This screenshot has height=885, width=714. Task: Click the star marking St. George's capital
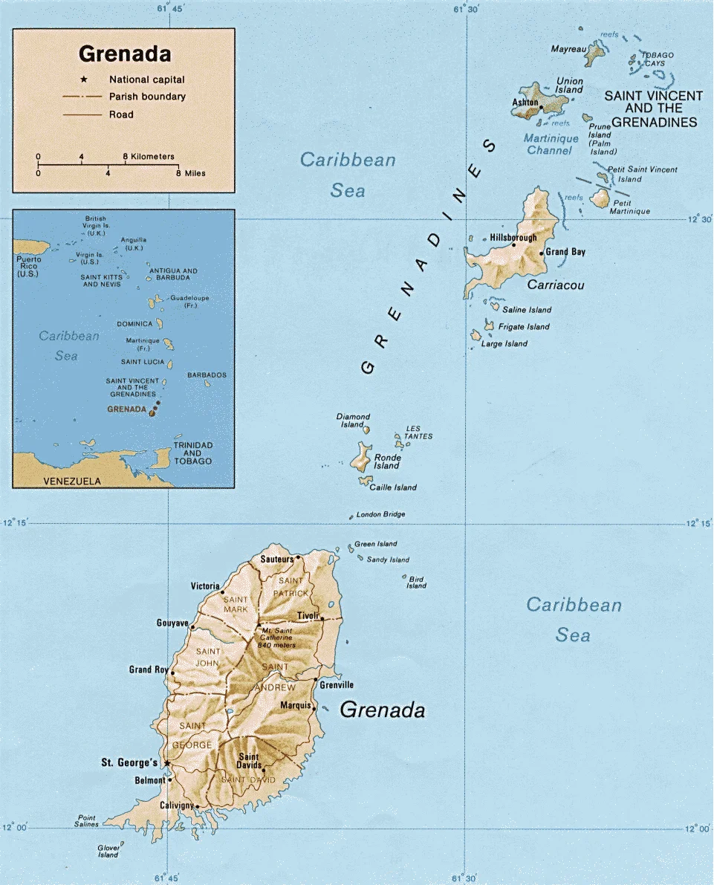click(167, 763)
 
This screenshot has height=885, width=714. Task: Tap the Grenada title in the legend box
click(125, 54)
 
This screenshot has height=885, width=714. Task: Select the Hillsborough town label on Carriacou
click(513, 238)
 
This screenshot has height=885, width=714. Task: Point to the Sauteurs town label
click(276, 559)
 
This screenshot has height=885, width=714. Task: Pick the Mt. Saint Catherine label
click(273, 638)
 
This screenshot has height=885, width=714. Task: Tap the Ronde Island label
click(386, 461)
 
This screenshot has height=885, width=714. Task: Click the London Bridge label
click(380, 514)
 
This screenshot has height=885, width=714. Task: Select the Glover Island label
click(108, 851)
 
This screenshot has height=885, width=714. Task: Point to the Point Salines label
click(86, 821)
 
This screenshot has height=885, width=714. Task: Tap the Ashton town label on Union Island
click(525, 103)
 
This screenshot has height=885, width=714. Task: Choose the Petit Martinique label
click(630, 207)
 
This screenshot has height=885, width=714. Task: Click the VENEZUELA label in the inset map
click(72, 482)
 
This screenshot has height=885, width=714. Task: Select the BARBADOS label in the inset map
click(207, 375)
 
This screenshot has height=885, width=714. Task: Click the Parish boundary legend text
click(147, 97)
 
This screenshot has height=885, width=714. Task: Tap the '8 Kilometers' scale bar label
click(149, 157)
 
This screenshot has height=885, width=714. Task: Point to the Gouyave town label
click(172, 623)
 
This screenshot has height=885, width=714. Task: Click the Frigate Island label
click(524, 327)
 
